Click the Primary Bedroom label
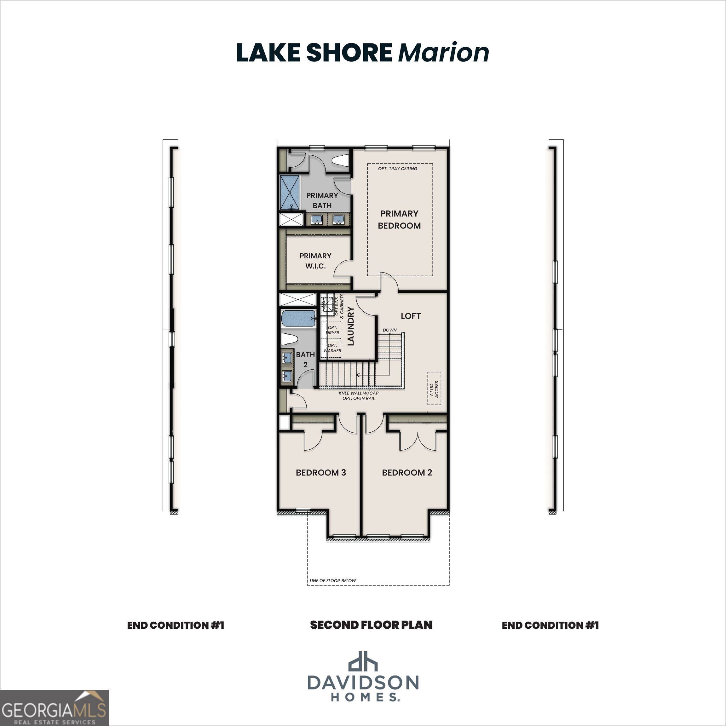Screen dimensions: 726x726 (399, 219)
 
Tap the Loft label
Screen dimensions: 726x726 (410, 316)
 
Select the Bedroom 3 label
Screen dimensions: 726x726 (320, 472)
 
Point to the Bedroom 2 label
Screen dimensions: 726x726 (407, 472)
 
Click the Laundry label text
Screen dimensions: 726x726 (351, 326)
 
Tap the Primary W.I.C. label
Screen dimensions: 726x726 (315, 261)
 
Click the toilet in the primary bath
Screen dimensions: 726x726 (341, 160)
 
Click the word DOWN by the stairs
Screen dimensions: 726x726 (390, 330)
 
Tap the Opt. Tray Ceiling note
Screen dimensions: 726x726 (398, 169)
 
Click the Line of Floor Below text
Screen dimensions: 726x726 (332, 580)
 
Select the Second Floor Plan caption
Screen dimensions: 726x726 (371, 625)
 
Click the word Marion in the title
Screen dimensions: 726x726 (443, 53)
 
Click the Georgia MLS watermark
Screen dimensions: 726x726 (54, 708)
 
